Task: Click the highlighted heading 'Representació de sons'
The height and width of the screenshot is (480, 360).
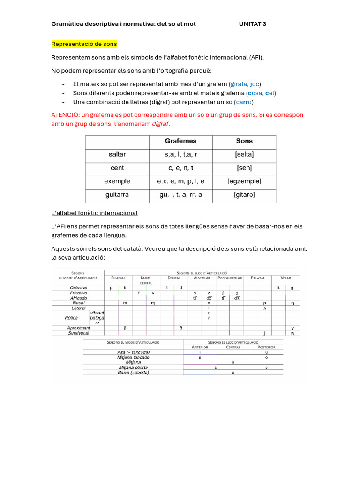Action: (x=84, y=44)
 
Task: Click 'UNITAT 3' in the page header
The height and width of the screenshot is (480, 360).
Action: (x=252, y=24)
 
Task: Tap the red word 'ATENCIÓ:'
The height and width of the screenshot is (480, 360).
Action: (x=66, y=115)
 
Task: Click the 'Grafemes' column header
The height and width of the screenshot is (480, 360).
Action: (x=180, y=141)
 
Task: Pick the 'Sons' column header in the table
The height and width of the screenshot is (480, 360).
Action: (x=244, y=141)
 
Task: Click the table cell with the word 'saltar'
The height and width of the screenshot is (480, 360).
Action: (x=117, y=154)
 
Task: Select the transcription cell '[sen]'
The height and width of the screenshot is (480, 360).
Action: (x=244, y=168)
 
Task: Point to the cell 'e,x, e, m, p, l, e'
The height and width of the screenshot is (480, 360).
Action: (x=180, y=181)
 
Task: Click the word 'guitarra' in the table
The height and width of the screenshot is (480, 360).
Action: (x=117, y=195)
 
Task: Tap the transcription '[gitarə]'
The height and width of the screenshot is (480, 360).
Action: (x=244, y=195)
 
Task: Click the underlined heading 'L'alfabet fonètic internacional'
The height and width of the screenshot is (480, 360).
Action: (x=94, y=213)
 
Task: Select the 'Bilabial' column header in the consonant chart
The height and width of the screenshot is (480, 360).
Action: (x=118, y=278)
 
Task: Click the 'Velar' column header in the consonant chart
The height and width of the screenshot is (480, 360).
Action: (x=285, y=278)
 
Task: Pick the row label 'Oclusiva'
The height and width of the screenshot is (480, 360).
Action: (x=78, y=288)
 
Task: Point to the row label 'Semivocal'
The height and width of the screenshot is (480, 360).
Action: (x=78, y=333)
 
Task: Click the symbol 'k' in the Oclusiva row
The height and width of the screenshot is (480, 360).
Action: (x=278, y=288)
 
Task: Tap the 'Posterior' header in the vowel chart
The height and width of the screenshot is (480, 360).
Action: (x=266, y=347)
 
